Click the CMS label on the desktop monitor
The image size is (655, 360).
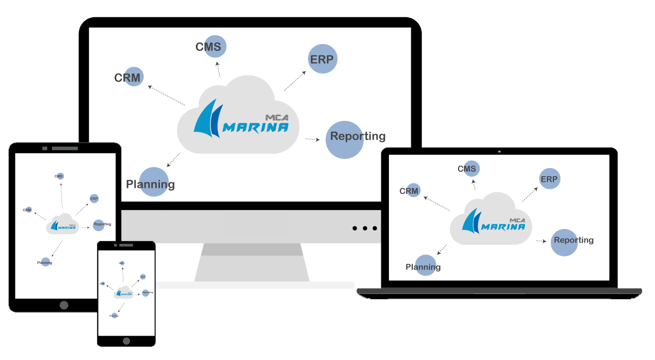tap(209, 47)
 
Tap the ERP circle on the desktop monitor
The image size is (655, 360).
tap(322, 59)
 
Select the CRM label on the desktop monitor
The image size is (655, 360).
tap(127, 78)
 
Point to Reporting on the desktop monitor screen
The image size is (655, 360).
tap(357, 137)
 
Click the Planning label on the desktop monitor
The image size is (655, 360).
tap(150, 184)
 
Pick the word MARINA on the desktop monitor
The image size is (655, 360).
tap(255, 127)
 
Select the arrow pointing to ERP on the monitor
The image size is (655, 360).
tap(295, 81)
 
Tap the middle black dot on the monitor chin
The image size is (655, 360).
tap(365, 228)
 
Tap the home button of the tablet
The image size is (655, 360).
tap(64, 305)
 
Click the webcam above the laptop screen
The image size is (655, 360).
tap(499, 151)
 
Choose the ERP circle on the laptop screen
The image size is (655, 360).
tap(549, 179)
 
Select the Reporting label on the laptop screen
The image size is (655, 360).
tap(573, 240)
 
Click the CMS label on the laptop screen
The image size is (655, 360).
tap(467, 169)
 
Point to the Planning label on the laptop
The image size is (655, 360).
tap(423, 267)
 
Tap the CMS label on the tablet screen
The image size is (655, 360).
tap(59, 176)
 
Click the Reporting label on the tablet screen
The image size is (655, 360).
tap(102, 224)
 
